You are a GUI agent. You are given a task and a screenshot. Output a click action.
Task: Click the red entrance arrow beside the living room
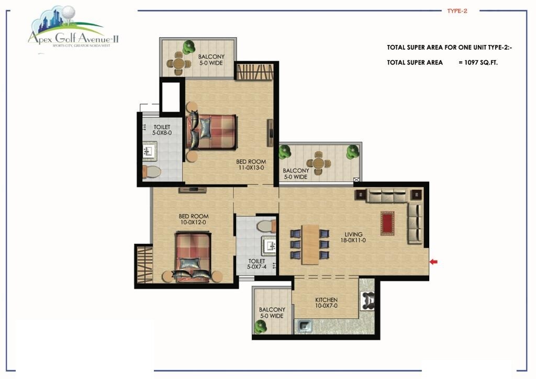pyautogui.click(x=433, y=262)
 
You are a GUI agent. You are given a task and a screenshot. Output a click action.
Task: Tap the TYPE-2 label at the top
pyautogui.click(x=456, y=10)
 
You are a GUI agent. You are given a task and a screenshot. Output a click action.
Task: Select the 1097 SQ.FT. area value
pyautogui.click(x=485, y=62)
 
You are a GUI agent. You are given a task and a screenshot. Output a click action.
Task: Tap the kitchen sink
pyautogui.click(x=304, y=327)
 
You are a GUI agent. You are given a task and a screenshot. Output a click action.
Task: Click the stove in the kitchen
pyautogui.click(x=367, y=300)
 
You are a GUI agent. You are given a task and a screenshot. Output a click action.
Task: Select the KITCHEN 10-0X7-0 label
pyautogui.click(x=326, y=303)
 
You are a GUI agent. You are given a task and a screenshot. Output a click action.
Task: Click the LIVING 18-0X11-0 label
pyautogui.click(x=353, y=238)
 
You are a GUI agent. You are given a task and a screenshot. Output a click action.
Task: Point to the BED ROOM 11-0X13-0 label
pyautogui.click(x=251, y=165)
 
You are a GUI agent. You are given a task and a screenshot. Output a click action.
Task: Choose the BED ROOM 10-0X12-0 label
pyautogui.click(x=194, y=219)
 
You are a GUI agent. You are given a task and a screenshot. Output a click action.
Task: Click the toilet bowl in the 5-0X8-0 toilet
pyautogui.click(x=151, y=172)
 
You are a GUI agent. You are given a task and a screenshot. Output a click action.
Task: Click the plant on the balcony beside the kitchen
pyautogui.click(x=260, y=326)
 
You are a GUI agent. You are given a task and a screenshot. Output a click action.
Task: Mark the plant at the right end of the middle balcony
pyautogui.click(x=352, y=152)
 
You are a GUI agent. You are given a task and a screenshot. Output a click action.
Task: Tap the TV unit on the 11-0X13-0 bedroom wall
pyautogui.click(x=270, y=133)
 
